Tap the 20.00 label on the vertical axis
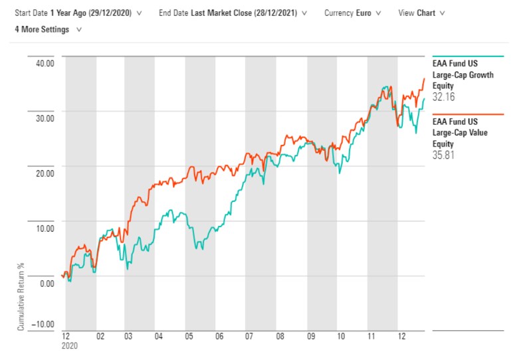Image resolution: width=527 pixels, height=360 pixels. [x=45, y=173]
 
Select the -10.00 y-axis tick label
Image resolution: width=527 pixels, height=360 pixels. [x=44, y=324]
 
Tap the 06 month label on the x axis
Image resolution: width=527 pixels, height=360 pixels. [x=220, y=337]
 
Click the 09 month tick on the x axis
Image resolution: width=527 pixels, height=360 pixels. [x=311, y=337]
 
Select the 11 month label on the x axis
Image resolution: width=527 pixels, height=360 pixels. [x=371, y=337]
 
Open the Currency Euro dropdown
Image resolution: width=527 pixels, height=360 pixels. [x=353, y=13]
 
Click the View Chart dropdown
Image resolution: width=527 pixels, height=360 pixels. [x=421, y=13]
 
